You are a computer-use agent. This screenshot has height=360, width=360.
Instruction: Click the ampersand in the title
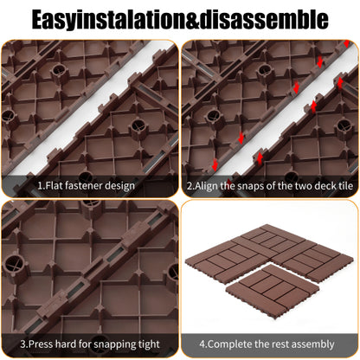click(192, 20)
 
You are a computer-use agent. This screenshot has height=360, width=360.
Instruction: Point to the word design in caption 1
click(119, 186)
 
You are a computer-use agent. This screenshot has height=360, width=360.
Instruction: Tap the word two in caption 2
click(305, 186)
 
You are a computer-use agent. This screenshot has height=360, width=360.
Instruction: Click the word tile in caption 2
click(345, 185)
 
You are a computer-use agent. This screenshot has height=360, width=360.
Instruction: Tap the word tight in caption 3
click(149, 344)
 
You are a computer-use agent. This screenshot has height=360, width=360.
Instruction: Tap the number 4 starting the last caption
click(202, 344)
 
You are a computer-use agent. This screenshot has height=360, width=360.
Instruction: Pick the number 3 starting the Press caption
click(23, 344)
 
